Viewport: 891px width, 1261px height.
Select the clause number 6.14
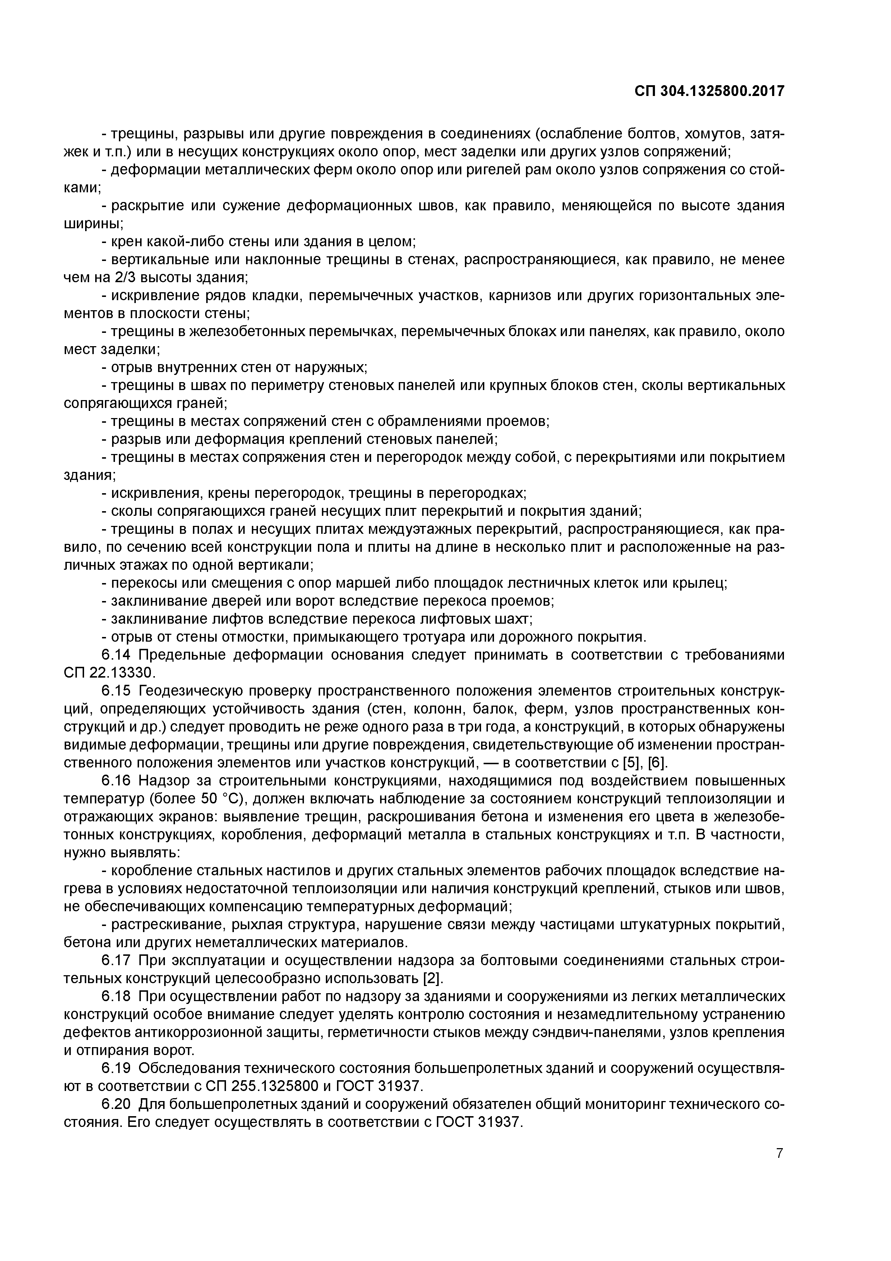116,655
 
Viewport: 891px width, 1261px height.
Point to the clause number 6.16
116,781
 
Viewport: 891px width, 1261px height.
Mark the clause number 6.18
116,996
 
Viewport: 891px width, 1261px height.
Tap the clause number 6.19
116,1068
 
